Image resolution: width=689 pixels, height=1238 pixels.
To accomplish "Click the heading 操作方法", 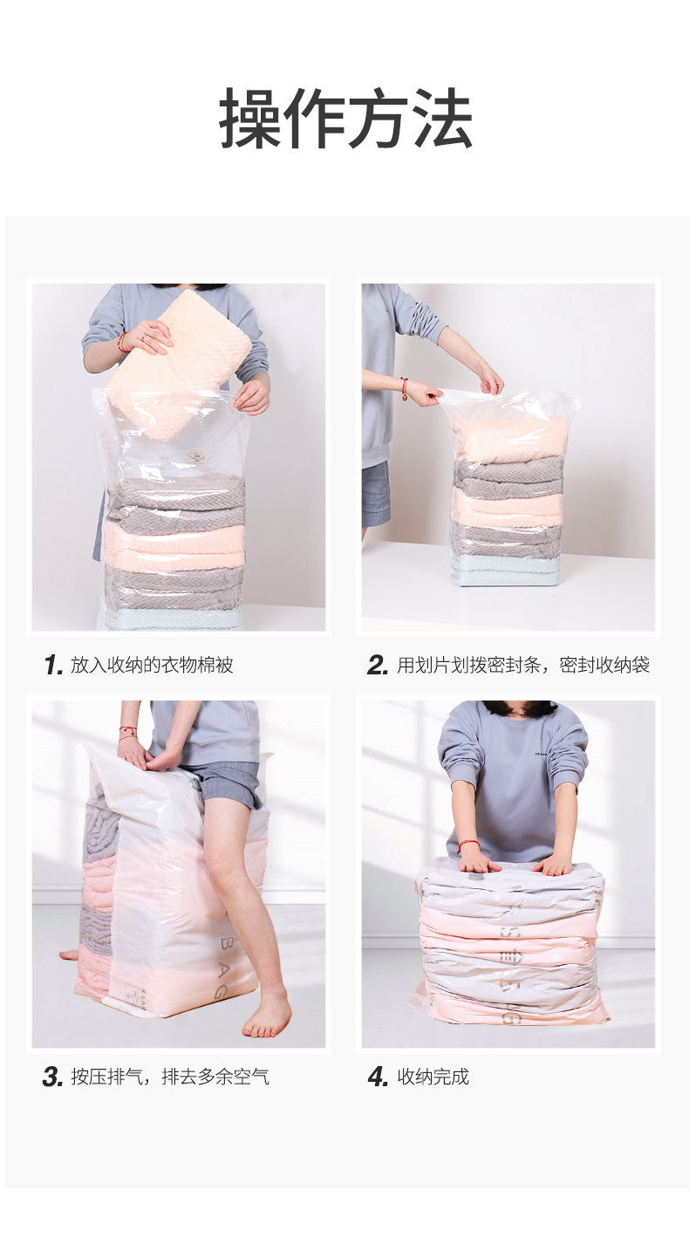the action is (x=345, y=119).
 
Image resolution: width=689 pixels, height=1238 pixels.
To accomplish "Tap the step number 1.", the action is (x=53, y=665).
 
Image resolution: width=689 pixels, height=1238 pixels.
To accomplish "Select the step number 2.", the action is (x=378, y=665).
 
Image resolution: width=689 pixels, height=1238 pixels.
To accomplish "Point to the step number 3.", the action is (x=53, y=1077).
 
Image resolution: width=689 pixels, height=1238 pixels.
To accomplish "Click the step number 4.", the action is (x=379, y=1077).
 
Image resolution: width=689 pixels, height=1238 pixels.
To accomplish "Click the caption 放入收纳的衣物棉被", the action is (x=152, y=665).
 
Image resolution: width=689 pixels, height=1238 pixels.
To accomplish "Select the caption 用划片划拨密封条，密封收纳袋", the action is (x=523, y=665).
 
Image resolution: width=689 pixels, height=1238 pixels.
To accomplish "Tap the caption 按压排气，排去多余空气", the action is (x=170, y=1077).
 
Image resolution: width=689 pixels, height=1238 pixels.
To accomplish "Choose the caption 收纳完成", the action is (x=433, y=1077).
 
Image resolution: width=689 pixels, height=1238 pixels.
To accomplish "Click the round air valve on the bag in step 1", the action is (x=196, y=457).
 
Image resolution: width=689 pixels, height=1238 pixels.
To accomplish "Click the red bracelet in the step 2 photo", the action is (x=405, y=386).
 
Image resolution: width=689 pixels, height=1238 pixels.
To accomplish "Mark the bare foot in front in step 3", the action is (x=266, y=1016).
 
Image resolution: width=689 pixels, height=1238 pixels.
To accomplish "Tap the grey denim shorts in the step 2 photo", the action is (x=376, y=495).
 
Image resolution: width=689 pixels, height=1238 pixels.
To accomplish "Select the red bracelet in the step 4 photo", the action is (x=468, y=845).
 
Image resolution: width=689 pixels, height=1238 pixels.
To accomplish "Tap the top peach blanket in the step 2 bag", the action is (x=509, y=440).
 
